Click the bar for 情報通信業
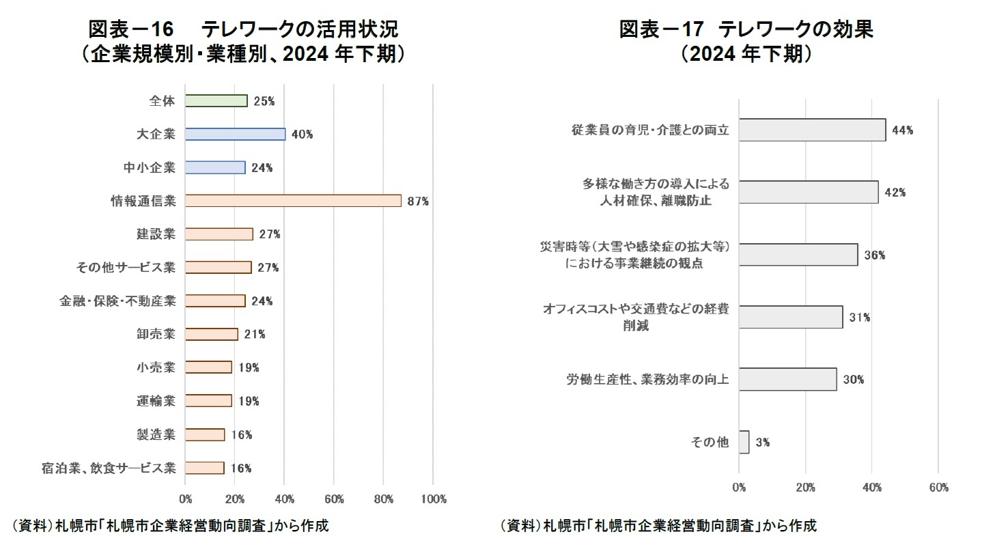click(293, 201)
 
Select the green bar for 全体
click(216, 101)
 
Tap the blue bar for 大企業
click(235, 135)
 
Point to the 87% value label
click(417, 201)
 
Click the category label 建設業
click(156, 234)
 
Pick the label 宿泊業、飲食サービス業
click(109, 468)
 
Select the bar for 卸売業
click(211, 334)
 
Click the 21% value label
click(255, 335)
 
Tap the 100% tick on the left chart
click(434, 499)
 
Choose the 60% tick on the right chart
click(938, 488)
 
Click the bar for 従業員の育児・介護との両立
click(812, 130)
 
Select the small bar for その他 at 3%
click(744, 442)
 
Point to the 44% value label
click(903, 130)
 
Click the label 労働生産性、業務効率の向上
click(647, 379)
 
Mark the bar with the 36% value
click(798, 255)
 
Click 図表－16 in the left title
click(129, 29)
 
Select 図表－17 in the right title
click(659, 29)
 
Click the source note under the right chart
click(658, 526)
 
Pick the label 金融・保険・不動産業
click(117, 301)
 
